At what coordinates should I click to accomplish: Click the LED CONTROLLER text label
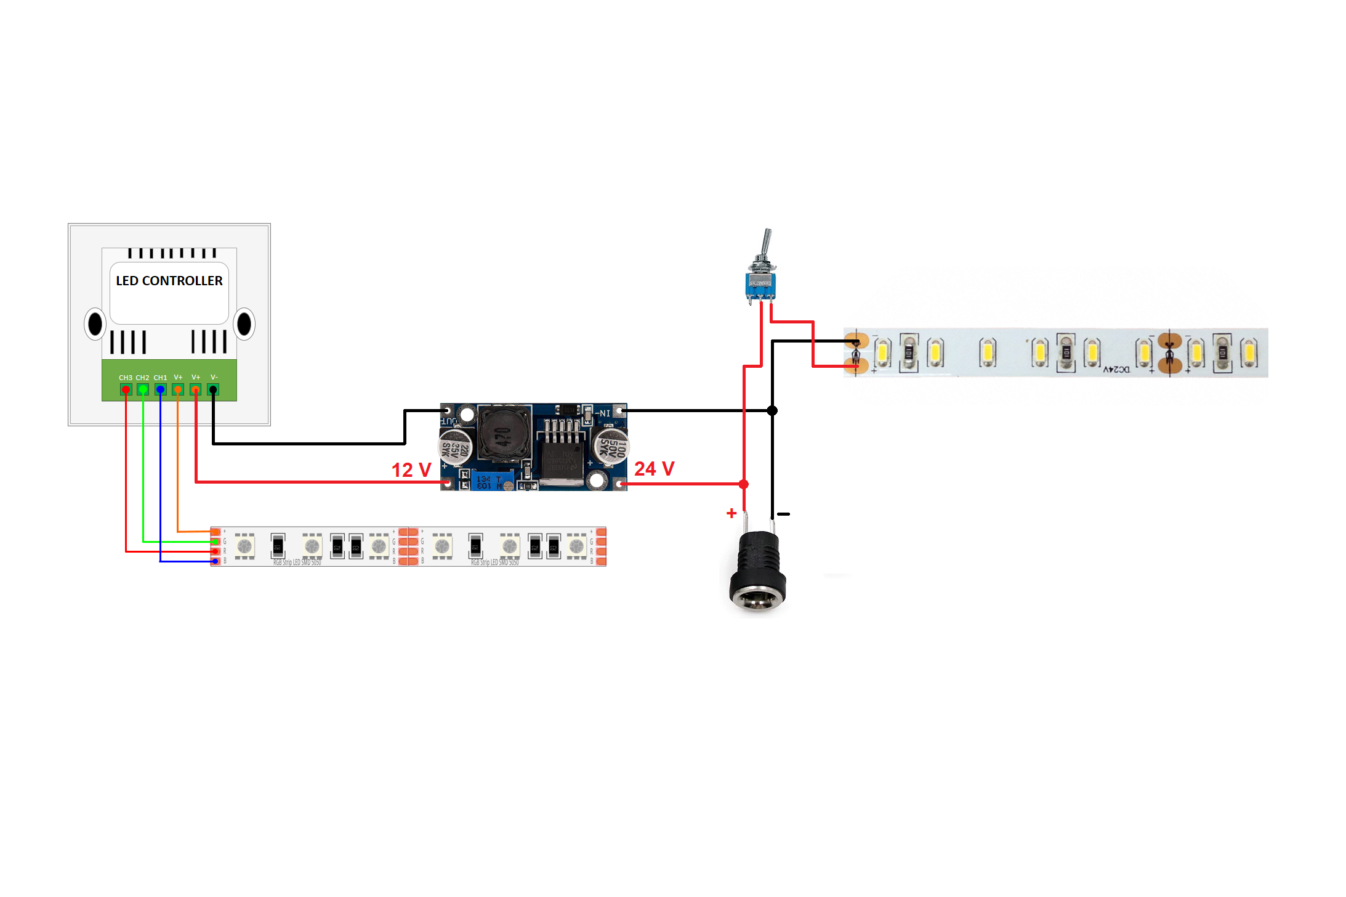(169, 281)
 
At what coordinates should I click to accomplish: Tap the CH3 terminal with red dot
(126, 389)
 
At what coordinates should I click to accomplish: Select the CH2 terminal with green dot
(143, 389)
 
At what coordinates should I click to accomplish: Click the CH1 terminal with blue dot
(160, 389)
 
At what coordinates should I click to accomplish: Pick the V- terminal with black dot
(213, 389)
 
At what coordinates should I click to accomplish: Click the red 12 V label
(411, 470)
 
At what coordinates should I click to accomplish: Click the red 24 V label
(654, 469)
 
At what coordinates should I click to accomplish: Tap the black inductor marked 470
(504, 434)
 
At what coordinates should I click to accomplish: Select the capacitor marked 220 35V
(456, 448)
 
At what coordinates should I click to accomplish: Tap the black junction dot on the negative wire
(772, 410)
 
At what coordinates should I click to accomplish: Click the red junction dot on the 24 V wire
(744, 484)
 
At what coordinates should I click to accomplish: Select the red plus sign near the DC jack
(731, 513)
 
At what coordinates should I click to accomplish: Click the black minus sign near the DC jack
(783, 514)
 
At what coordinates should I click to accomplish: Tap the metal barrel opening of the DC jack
(757, 599)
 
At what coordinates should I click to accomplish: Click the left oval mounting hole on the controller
(95, 324)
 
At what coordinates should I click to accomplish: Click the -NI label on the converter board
(603, 413)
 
